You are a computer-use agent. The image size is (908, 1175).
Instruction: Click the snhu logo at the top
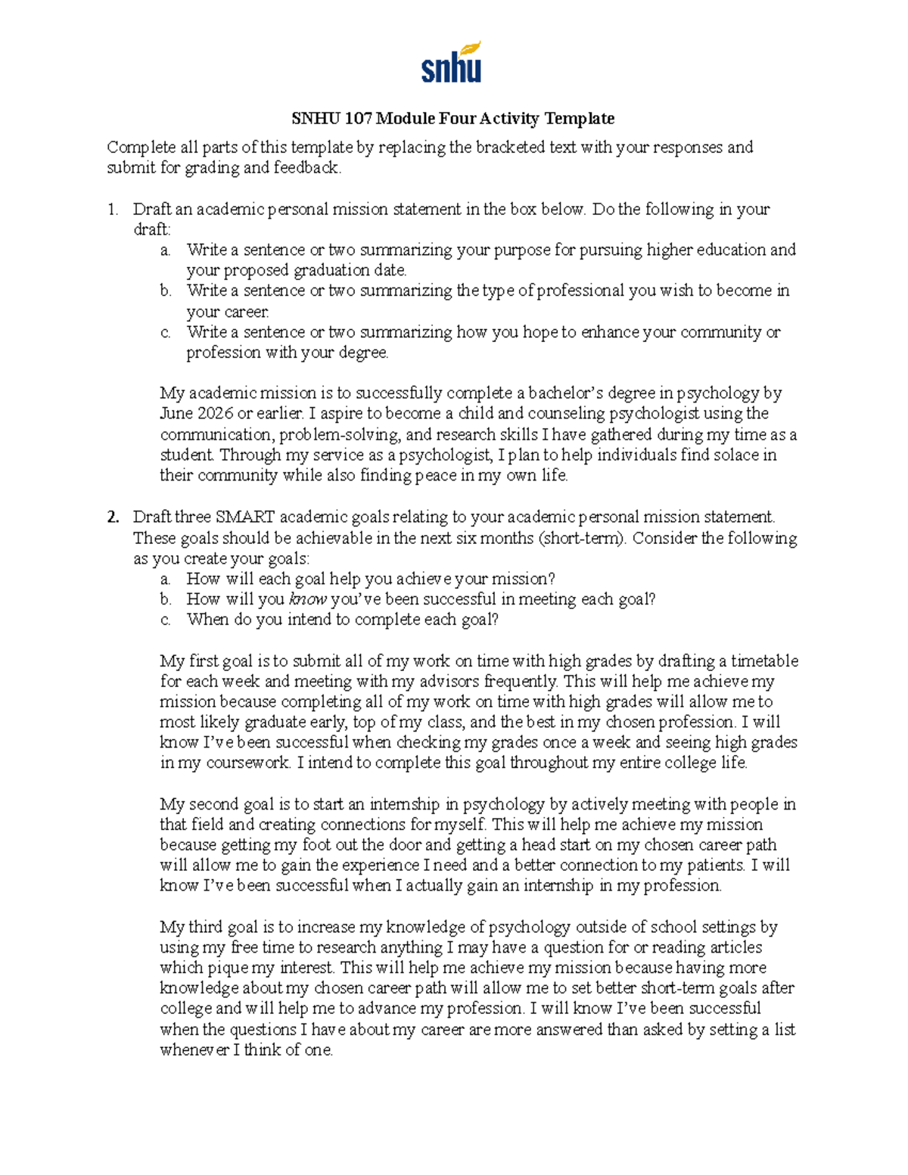[452, 64]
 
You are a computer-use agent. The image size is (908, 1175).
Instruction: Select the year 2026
[216, 414]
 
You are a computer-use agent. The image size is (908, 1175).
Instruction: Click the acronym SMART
[245, 518]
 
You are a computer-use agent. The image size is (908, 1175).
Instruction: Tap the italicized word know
[308, 600]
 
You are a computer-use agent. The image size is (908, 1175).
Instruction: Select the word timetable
[764, 661]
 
